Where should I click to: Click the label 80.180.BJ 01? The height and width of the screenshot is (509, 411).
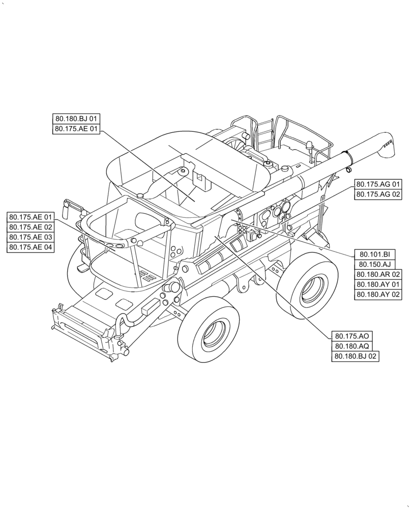tap(77, 119)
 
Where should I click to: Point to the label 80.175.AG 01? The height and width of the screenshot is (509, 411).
tap(378, 184)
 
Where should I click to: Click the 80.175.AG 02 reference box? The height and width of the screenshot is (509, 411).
tap(378, 194)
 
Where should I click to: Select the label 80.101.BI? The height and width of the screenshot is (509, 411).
tap(374, 254)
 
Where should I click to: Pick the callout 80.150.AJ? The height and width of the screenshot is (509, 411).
tap(374, 264)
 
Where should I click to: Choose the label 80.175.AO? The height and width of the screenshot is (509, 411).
tap(352, 336)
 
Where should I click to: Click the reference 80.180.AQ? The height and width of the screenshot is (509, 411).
tap(352, 346)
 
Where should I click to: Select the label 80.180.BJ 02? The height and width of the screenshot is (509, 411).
tap(356, 356)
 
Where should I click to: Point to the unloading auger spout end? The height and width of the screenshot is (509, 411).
tap(389, 146)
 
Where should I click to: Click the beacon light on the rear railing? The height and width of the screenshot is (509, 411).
tap(309, 146)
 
